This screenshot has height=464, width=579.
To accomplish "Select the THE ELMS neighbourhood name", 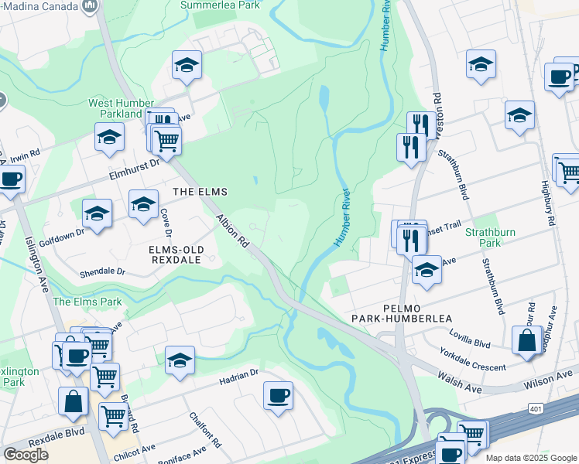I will [194, 191].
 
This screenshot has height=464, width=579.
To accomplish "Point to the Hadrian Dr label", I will [238, 374].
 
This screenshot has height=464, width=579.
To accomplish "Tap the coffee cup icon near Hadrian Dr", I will [278, 395].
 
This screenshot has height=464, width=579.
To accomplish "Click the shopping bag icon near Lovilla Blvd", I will [526, 340].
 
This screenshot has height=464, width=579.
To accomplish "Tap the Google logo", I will [26, 455].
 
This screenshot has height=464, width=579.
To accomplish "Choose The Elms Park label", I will [87, 302].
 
